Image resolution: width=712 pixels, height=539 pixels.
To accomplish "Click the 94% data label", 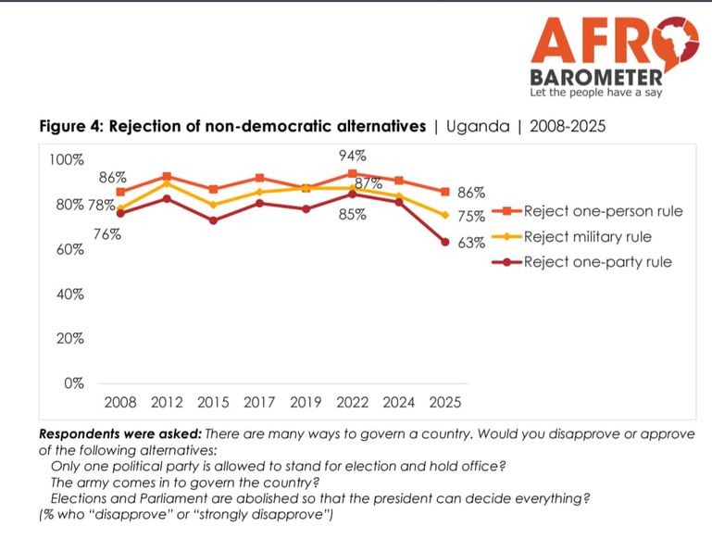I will [353, 156].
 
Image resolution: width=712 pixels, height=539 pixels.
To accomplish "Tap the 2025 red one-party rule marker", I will [445, 242].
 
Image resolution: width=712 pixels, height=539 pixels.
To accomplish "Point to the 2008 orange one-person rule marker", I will [121, 192].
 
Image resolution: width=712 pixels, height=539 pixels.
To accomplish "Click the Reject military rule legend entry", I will [587, 237].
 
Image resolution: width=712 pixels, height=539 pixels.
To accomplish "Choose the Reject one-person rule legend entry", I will [603, 211].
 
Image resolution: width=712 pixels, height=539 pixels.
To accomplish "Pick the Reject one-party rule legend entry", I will [597, 262].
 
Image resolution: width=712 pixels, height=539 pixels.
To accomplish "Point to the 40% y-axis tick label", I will [69, 295].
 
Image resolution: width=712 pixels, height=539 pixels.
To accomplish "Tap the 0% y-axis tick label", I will [72, 383].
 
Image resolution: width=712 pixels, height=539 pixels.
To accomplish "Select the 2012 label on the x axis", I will [167, 403].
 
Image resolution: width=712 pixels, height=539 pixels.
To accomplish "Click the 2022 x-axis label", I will [352, 403].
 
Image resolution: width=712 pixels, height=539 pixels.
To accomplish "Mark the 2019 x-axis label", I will [306, 403].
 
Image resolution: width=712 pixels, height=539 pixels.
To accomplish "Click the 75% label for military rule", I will [472, 217].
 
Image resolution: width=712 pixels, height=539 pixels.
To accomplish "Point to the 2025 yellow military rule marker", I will [445, 215].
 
